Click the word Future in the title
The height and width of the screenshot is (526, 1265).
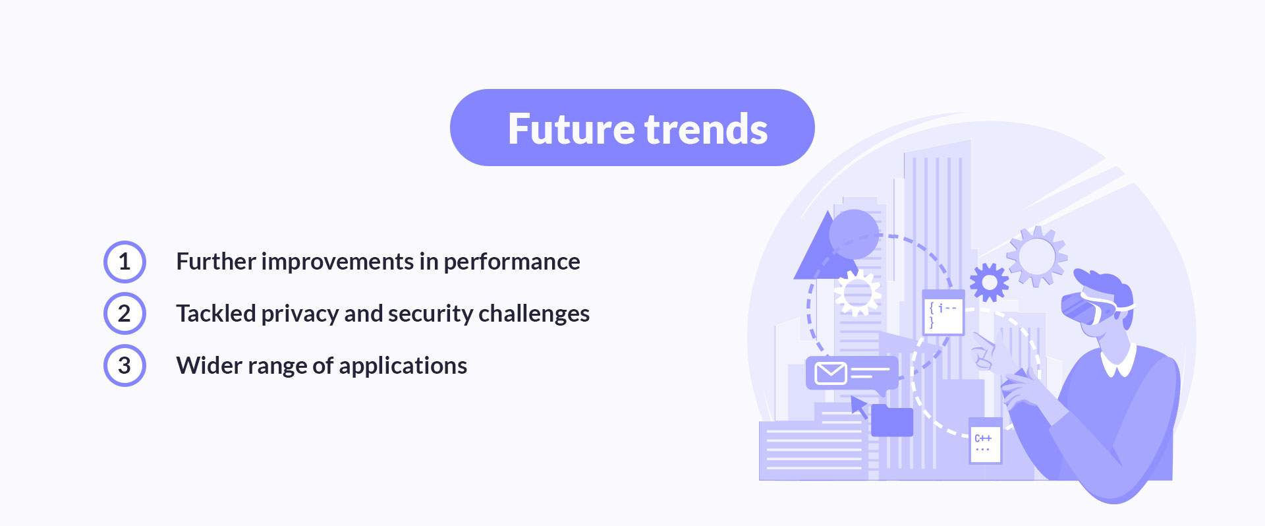572,129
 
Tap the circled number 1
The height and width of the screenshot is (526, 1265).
125,262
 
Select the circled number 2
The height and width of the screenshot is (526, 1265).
125,314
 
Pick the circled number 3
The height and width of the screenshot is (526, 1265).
125,366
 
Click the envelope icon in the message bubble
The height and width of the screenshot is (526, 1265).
830,373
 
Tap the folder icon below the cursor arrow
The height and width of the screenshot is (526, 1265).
892,421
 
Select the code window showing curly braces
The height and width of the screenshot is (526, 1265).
943,314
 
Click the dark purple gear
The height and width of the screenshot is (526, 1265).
988,282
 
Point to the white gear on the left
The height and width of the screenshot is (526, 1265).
857,293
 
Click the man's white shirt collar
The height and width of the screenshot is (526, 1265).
1119,362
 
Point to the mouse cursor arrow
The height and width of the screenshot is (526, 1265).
858,405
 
